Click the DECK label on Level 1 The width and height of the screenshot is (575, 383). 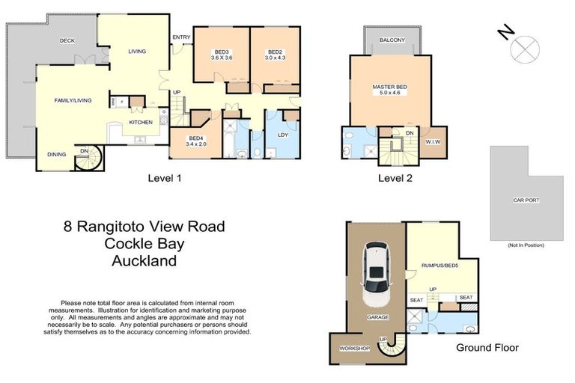67,41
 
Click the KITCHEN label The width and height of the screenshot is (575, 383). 141,122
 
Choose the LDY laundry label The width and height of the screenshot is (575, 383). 283,135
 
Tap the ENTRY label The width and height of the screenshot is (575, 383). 180,37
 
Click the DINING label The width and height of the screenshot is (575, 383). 57,154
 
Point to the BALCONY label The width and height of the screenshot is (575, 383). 392,40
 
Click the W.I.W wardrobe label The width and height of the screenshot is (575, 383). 431,141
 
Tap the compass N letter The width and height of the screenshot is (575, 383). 507,32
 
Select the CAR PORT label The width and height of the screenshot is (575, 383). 526,200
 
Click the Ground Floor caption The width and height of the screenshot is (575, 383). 487,347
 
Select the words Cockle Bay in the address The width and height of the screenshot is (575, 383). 143,244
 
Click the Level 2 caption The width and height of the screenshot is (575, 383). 395,178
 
